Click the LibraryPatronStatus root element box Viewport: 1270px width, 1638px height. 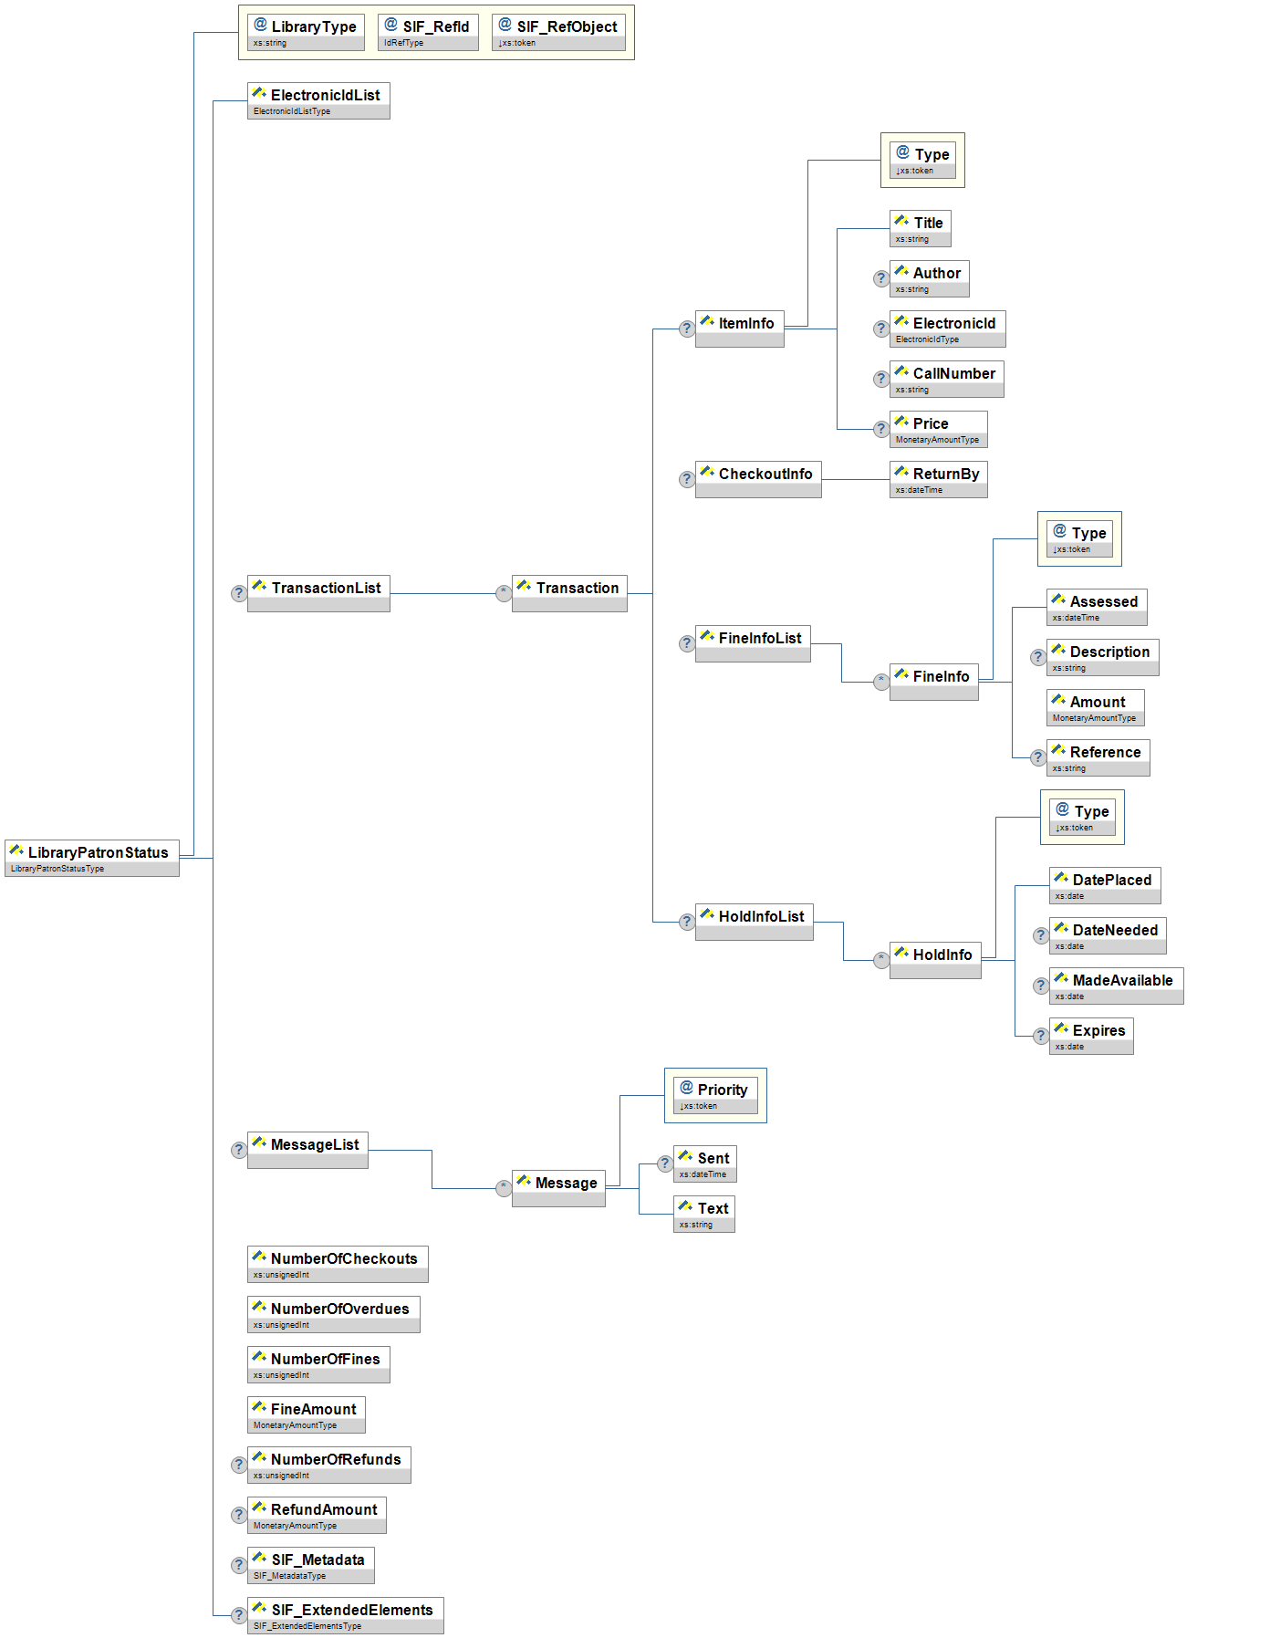pos(92,858)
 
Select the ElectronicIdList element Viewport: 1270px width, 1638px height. pos(318,100)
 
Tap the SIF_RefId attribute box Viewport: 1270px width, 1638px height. pos(428,32)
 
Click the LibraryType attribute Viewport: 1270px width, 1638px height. pos(306,32)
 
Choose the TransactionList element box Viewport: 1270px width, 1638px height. pos(318,593)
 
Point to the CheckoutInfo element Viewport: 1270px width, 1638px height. pos(758,479)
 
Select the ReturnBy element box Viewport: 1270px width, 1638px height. pos(938,479)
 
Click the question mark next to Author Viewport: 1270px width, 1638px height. pos(880,278)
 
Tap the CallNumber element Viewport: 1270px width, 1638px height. pos(946,379)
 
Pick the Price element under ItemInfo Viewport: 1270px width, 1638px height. pos(938,429)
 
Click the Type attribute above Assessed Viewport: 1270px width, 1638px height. pos(1080,538)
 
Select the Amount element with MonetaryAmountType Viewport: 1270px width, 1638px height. pos(1095,707)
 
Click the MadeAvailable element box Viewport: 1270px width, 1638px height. pos(1116,986)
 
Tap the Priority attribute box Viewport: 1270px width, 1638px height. pos(715,1095)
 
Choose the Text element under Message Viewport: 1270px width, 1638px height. pos(704,1214)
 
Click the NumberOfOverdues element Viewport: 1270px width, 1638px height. pos(333,1314)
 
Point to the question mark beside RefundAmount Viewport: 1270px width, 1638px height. pos(238,1516)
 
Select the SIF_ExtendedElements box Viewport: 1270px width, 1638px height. pos(345,1615)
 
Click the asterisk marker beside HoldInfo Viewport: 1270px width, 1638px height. pos(880,960)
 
